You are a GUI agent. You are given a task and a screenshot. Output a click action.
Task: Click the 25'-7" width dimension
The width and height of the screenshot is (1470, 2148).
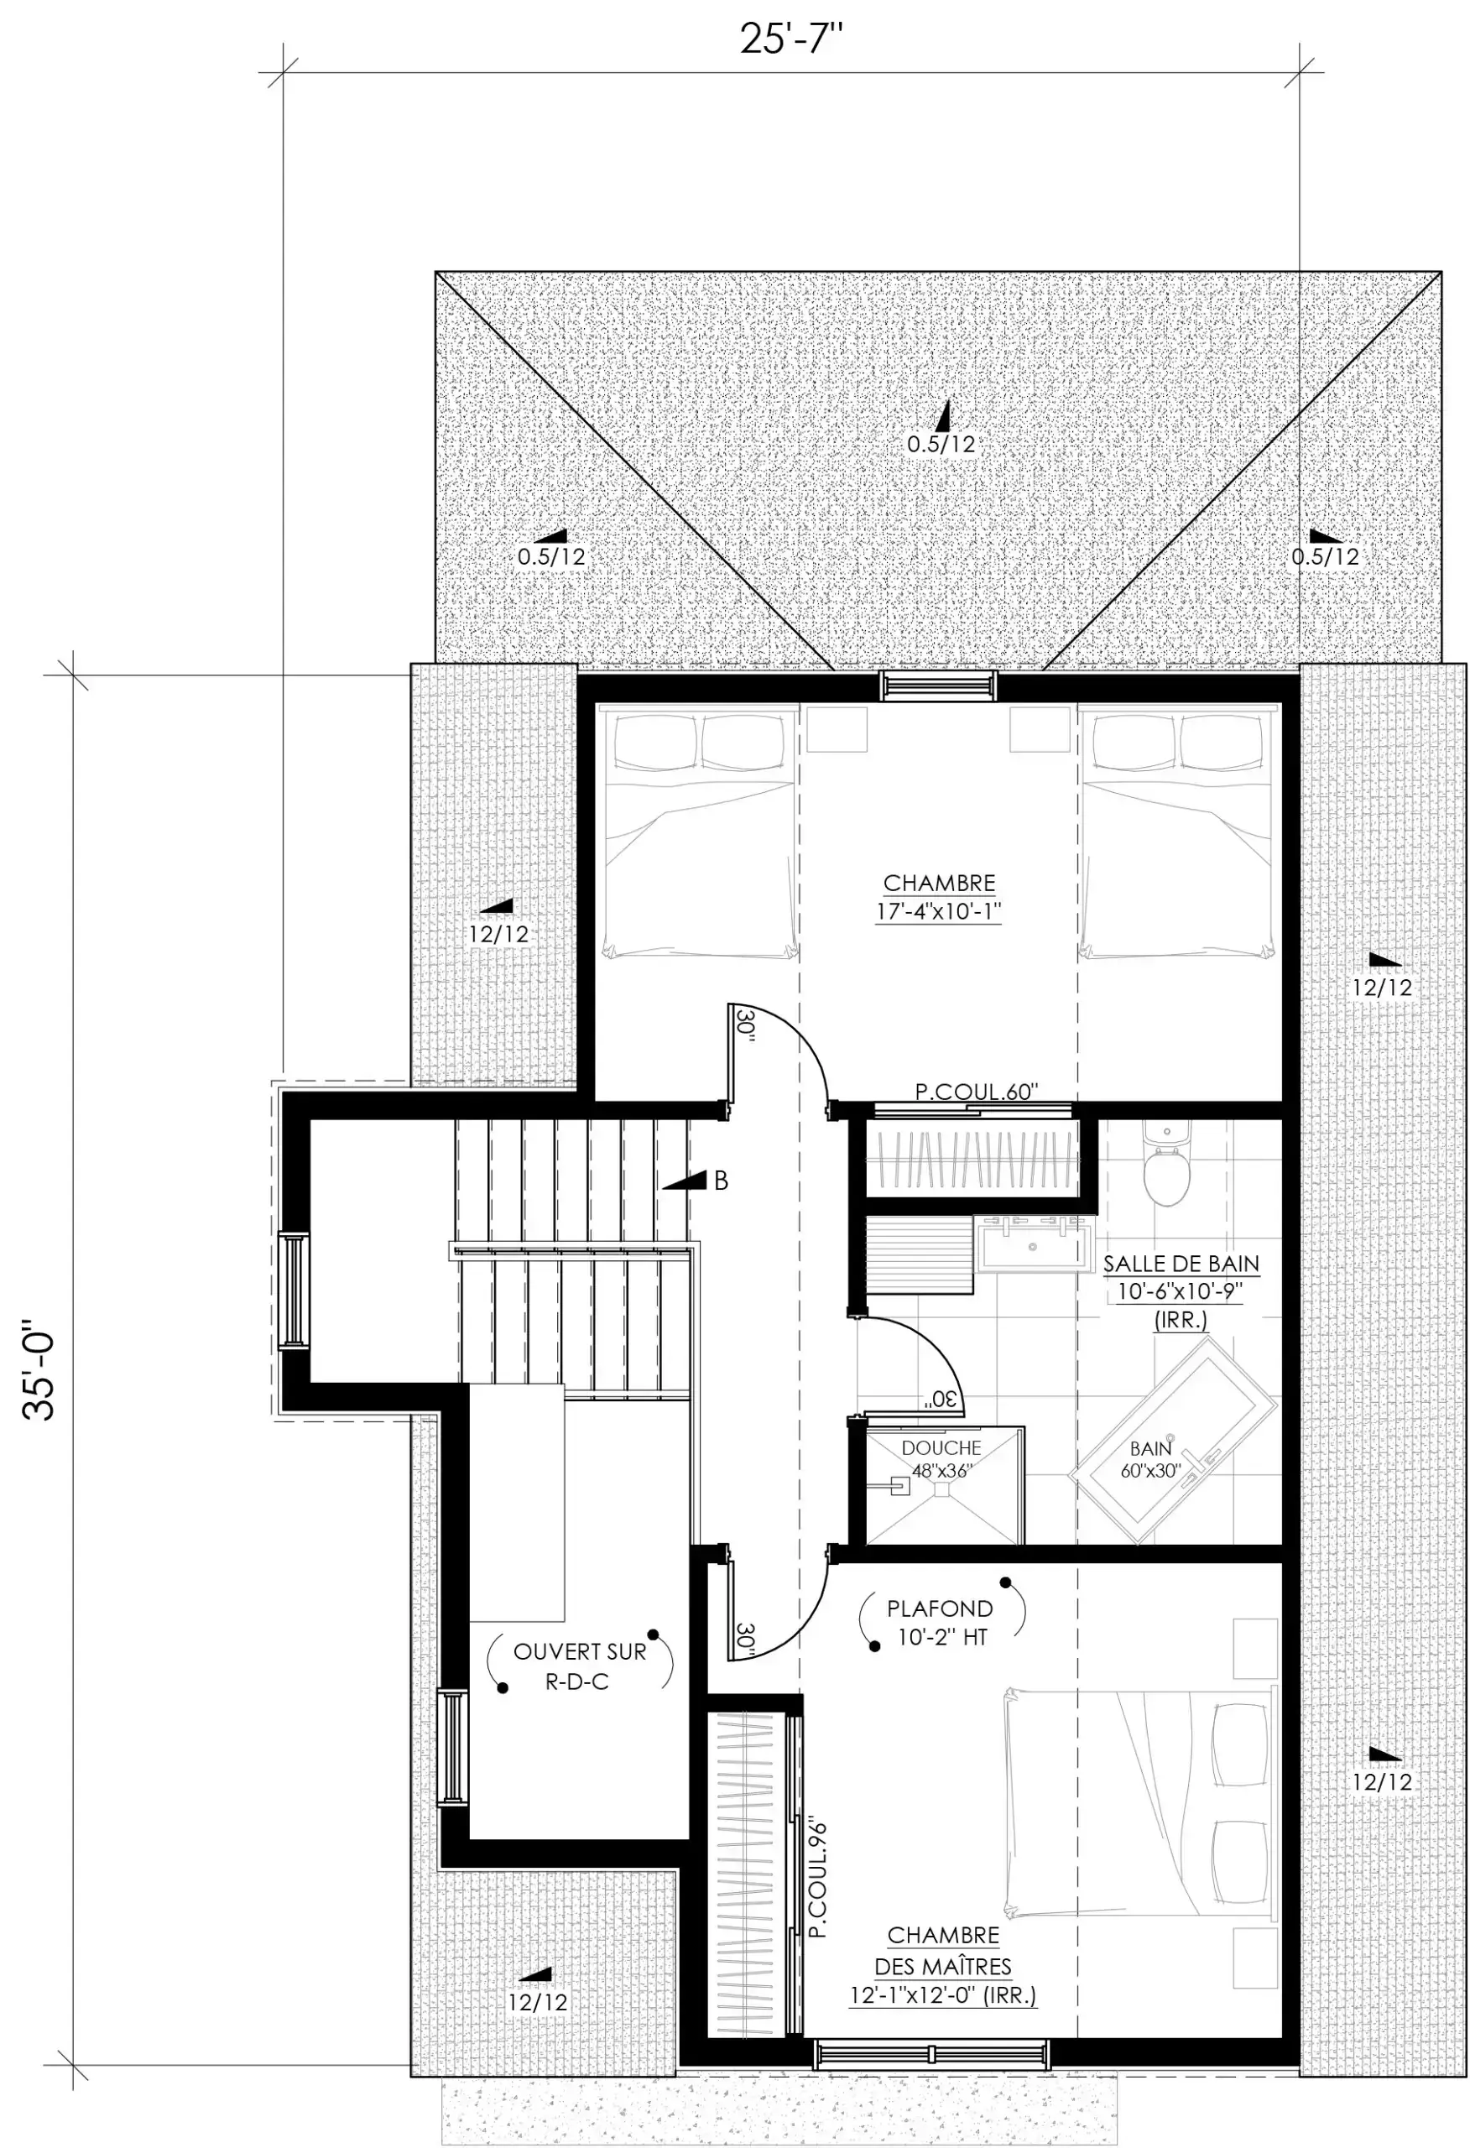[x=791, y=40]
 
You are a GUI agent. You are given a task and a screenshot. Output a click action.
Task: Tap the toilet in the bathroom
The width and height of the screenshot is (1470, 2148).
[x=1165, y=1164]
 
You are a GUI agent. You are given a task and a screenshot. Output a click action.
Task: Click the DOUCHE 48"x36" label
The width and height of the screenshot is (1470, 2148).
[x=941, y=1458]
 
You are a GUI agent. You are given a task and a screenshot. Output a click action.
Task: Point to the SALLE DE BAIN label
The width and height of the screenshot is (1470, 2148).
[x=1181, y=1264]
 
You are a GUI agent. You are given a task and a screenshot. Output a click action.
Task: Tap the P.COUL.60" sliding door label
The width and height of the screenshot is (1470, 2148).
[x=977, y=1092]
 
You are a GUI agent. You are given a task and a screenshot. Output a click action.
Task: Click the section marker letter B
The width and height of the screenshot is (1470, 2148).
[x=721, y=1181]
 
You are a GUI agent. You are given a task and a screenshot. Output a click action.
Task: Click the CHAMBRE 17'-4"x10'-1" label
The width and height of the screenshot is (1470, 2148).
[x=940, y=897]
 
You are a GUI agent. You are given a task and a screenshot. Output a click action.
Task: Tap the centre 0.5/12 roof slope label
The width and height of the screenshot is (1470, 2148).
[x=941, y=444]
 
